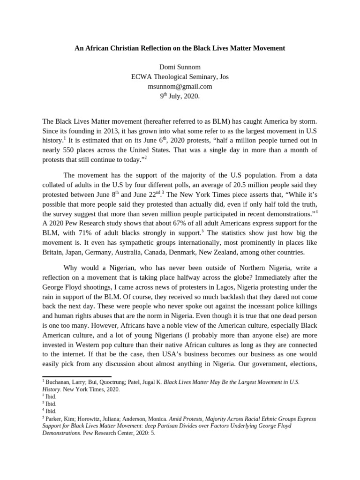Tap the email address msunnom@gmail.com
180,86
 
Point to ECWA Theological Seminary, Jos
180,77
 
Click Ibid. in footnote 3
51,404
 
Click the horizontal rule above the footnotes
77,376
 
